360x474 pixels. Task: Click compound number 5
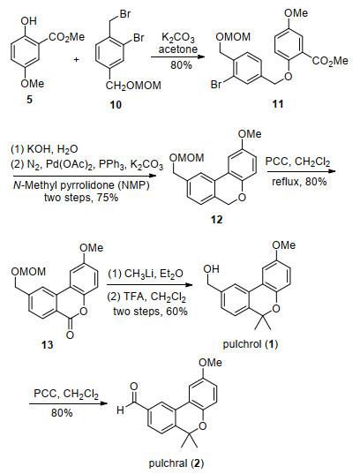coord(29,99)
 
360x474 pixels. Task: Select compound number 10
coord(116,104)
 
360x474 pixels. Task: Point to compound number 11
coord(278,103)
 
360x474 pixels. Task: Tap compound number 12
coord(217,219)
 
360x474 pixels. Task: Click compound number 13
coord(48,344)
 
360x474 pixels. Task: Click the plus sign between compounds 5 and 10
coord(77,59)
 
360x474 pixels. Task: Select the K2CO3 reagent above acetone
coord(178,38)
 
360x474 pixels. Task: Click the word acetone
coord(178,49)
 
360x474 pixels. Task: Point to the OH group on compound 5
coord(29,21)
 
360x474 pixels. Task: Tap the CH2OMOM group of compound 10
coord(133,86)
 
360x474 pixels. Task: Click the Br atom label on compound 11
coord(216,85)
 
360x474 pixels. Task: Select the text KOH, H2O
coord(44,149)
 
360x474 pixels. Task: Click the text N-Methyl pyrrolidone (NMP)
coord(81,185)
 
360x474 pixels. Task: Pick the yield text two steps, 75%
coord(81,198)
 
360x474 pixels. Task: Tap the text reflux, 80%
coord(299,182)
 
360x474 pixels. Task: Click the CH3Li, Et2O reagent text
coord(146,274)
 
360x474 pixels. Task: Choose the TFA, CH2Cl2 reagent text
coord(146,297)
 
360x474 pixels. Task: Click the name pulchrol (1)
coord(251,344)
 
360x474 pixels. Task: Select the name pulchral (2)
coord(176,463)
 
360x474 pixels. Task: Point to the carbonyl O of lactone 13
coord(70,335)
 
